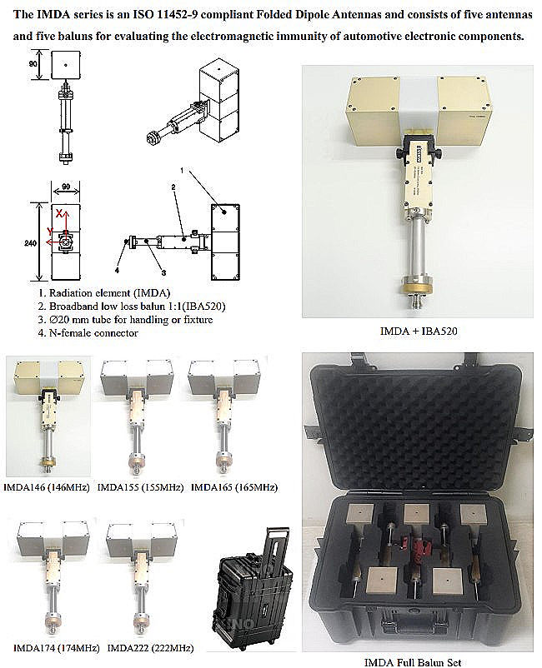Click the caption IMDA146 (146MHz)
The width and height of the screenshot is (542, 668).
(48, 486)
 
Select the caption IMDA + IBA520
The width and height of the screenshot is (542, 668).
(415, 330)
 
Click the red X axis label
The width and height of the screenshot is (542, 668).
(58, 213)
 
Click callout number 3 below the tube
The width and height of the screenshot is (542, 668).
(163, 272)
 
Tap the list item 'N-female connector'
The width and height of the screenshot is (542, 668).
(92, 333)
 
